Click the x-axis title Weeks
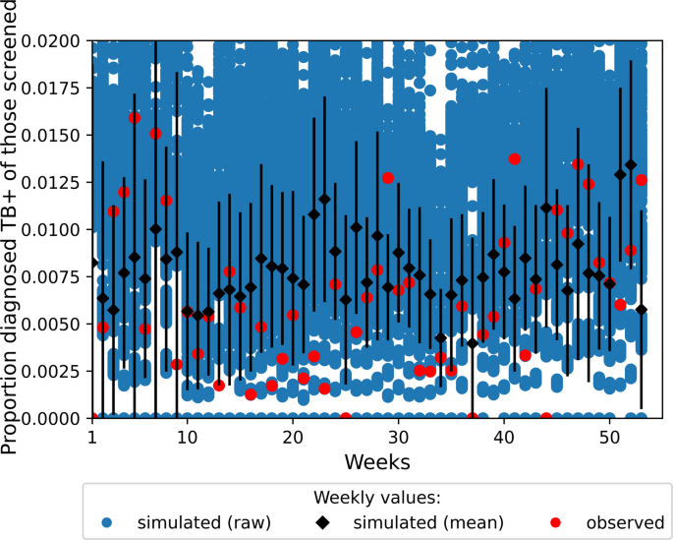[377, 461]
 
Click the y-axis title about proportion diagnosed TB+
[14, 229]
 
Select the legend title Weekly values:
[376, 497]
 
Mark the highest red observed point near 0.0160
[135, 117]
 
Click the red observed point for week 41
[514, 158]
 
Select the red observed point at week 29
[388, 178]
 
